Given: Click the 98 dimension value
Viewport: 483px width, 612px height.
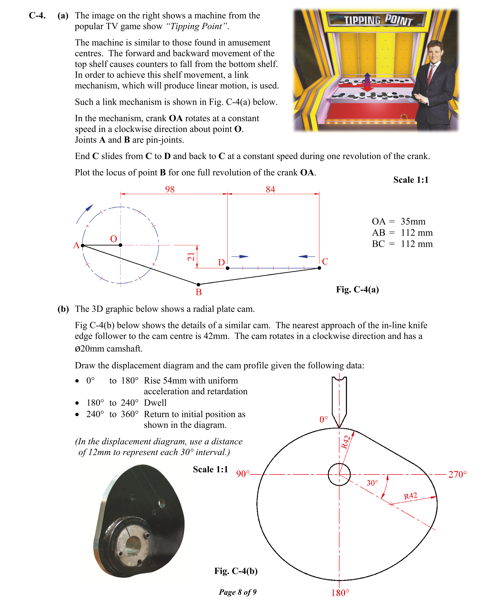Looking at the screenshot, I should point(170,189).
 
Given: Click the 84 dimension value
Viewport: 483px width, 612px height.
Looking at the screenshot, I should point(270,189).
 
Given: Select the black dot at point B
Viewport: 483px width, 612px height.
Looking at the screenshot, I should point(198,285).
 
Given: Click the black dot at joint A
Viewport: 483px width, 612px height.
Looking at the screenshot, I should point(83,245).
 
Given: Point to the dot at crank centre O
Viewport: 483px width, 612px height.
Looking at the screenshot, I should point(120,245).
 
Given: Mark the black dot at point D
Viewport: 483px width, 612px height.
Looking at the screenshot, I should point(228,268).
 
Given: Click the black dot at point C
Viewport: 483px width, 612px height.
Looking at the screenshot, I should point(319,268).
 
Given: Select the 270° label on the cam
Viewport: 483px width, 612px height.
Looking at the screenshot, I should point(457,474).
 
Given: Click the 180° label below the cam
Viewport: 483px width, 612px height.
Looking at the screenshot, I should point(340,593).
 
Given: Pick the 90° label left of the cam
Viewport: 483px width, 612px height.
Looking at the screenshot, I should point(243,474).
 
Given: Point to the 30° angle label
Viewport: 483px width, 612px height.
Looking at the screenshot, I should point(372,483).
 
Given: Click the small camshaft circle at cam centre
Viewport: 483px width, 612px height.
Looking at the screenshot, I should point(339,474).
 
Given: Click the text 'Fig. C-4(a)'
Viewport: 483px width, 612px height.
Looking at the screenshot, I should point(357,289).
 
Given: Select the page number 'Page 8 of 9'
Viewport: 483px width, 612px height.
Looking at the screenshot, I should point(238,592).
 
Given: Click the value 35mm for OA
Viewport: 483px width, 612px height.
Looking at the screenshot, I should point(413,221).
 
